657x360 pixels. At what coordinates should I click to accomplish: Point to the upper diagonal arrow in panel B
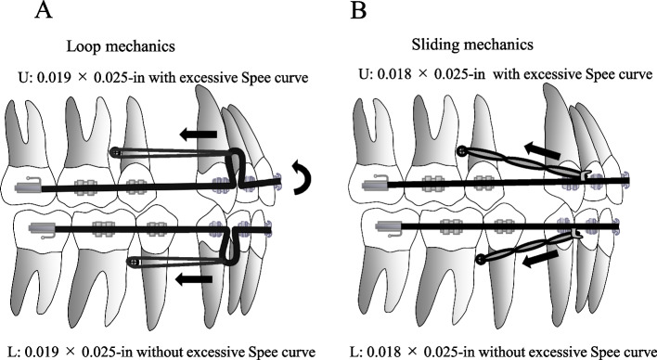click(544, 147)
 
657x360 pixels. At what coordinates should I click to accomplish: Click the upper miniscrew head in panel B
click(461, 150)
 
